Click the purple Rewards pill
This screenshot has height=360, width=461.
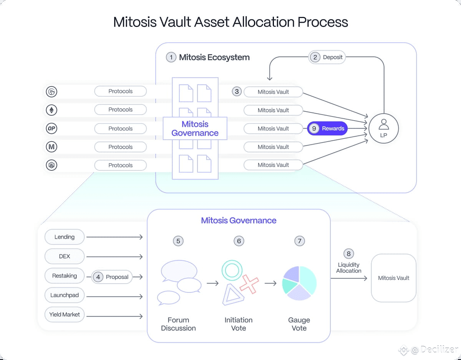tap(327, 129)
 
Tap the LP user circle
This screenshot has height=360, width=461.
tap(383, 129)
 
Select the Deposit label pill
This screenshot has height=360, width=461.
tap(327, 57)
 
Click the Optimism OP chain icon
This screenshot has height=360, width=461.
tap(51, 129)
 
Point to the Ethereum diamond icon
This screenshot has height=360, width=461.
tap(51, 110)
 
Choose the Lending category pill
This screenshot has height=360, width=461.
tap(65, 237)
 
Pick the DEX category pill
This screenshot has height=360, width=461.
tap(65, 256)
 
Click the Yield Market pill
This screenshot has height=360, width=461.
tap(65, 315)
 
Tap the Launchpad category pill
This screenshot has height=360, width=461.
tap(65, 295)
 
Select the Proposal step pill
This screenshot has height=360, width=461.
tap(112, 277)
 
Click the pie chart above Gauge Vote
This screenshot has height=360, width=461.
tap(299, 283)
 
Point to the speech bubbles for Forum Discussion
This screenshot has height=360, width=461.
tap(179, 282)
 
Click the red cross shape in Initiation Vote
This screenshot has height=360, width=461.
tap(249, 284)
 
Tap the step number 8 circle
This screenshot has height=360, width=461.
tap(348, 254)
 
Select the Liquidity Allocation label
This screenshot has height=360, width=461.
tap(348, 268)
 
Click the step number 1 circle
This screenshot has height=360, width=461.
tap(171, 57)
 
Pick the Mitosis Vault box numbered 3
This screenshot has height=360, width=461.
tap(273, 92)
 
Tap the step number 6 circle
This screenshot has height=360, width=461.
tap(239, 241)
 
